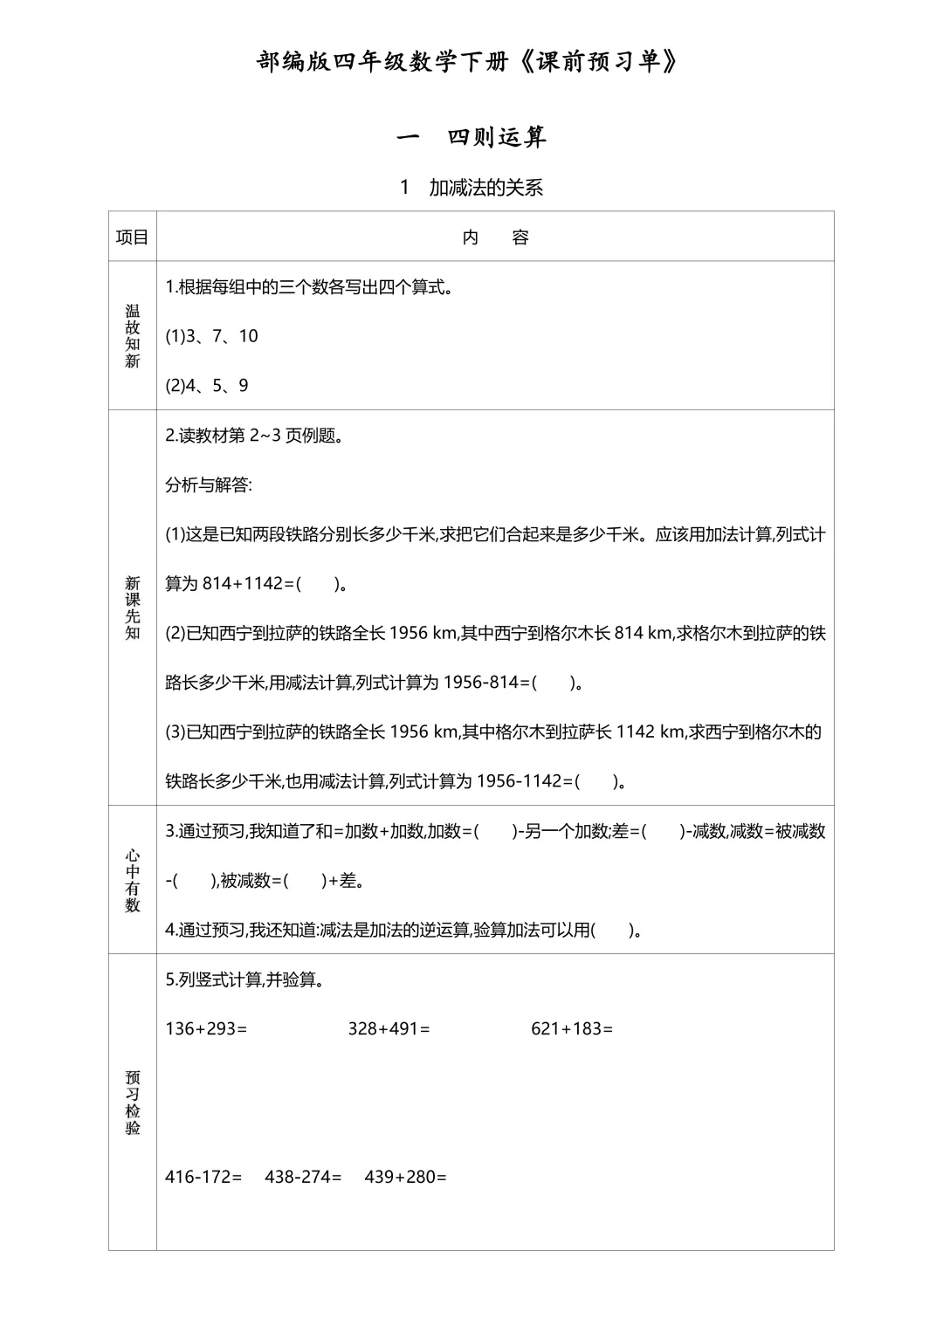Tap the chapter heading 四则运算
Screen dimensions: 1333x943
496,137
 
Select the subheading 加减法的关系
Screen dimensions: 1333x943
485,188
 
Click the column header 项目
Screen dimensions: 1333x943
133,237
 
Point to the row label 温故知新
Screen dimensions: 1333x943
133,336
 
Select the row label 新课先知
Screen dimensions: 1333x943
133,608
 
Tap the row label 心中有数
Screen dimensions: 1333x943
133,880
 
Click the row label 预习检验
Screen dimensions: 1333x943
133,1103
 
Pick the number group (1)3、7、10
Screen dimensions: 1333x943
211,336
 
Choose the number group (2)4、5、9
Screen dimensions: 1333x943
207,386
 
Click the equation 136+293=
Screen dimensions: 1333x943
206,1028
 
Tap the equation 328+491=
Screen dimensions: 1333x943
389,1028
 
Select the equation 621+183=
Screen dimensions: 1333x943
572,1028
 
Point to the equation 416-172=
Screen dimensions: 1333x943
203,1177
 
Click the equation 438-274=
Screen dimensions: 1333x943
303,1177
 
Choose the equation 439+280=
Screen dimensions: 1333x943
405,1177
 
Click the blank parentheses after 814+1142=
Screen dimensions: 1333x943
318,583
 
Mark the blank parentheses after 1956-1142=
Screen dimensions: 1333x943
597,781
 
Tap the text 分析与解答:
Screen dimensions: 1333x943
209,484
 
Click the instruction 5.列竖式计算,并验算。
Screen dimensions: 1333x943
245,979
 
